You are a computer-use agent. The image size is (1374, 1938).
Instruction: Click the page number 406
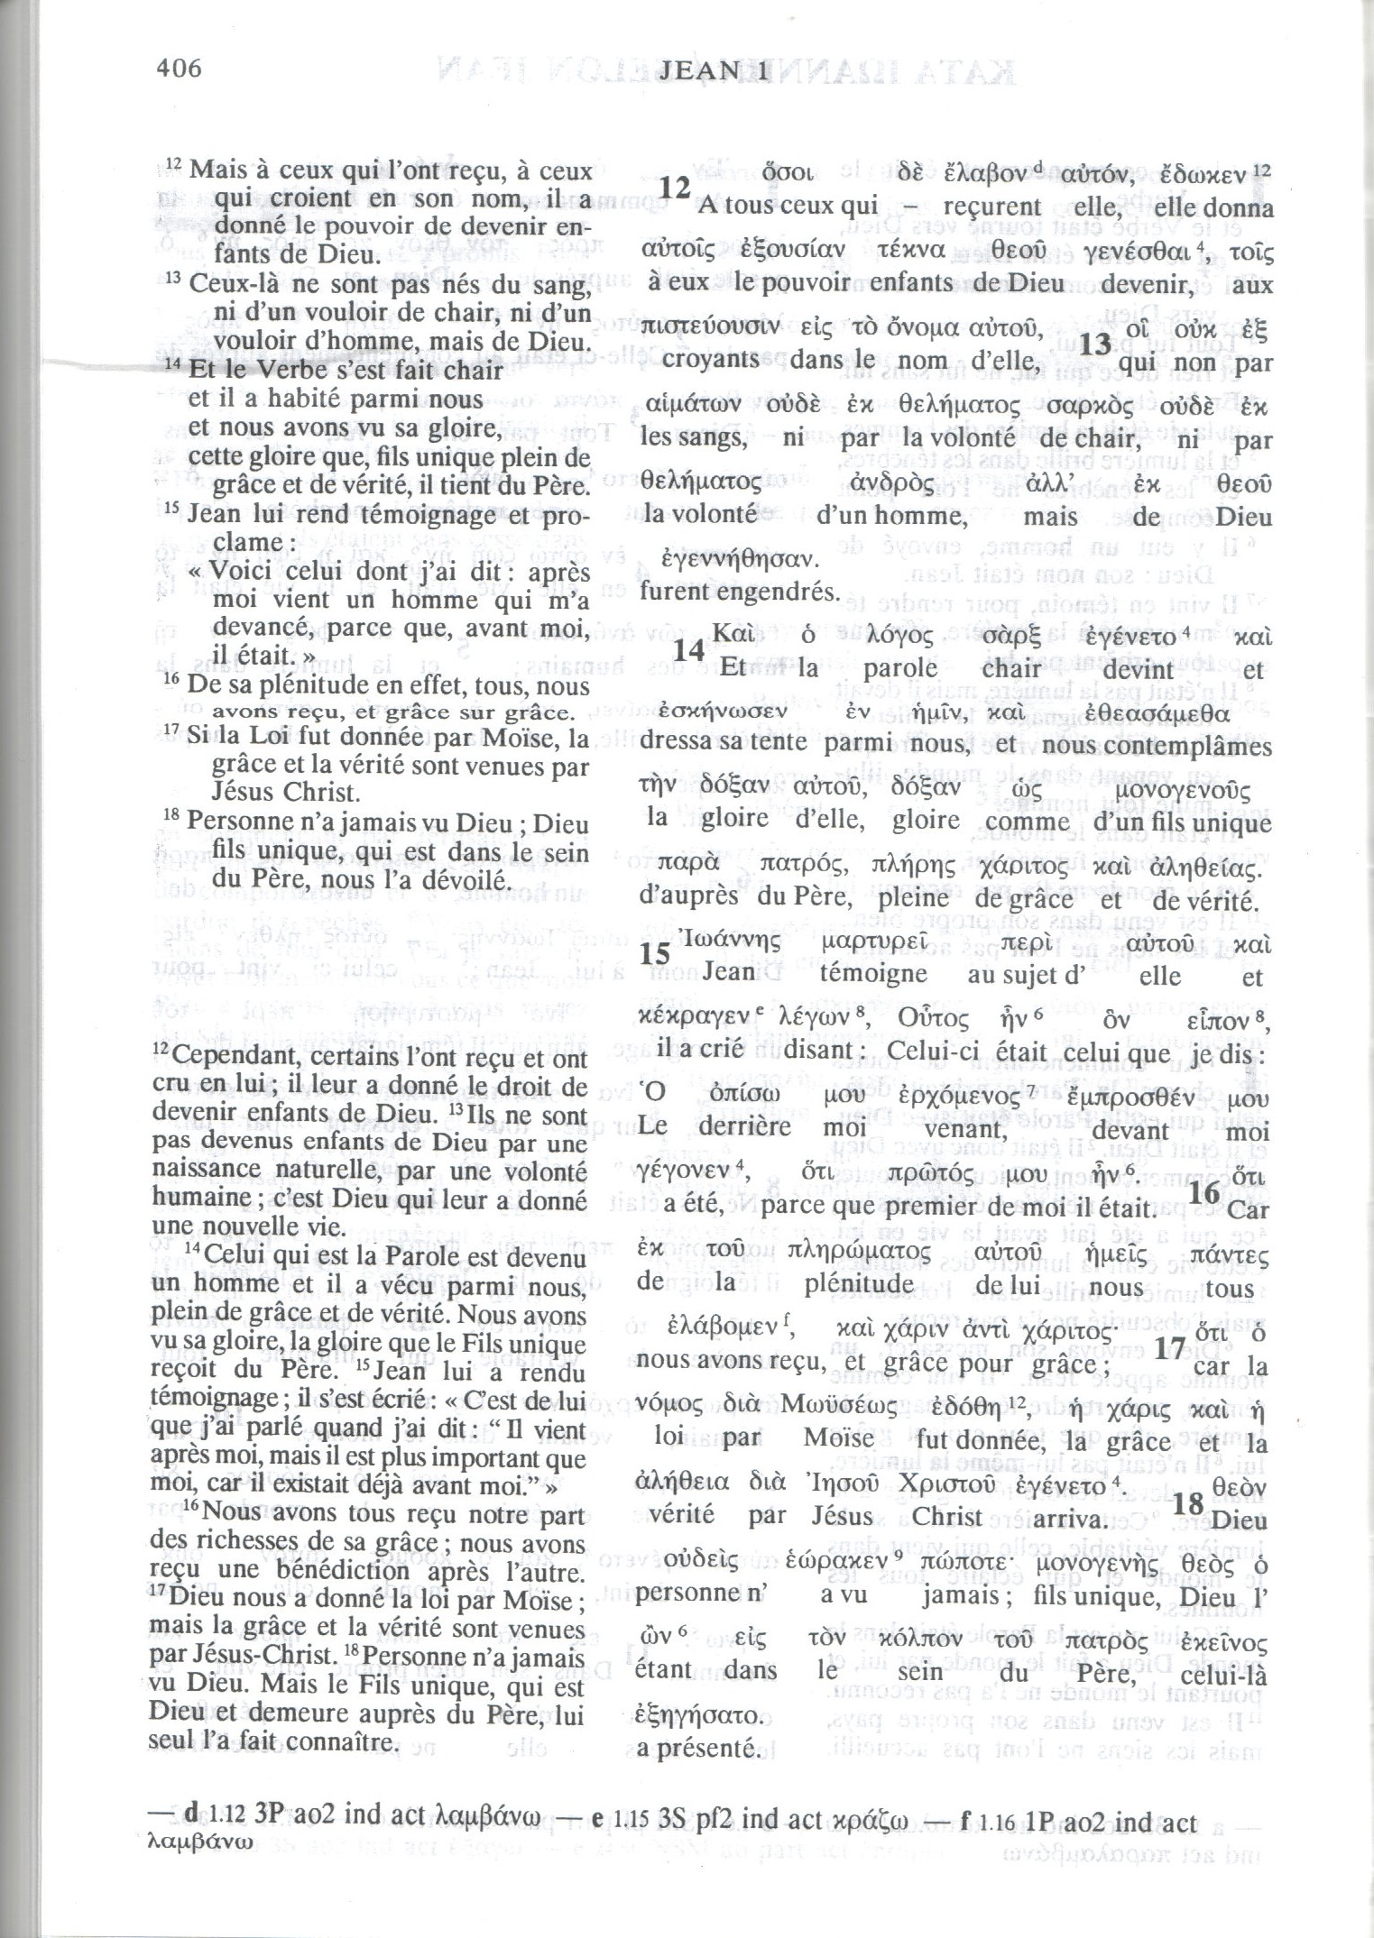[179, 69]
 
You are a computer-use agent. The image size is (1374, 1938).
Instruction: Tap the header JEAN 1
[714, 71]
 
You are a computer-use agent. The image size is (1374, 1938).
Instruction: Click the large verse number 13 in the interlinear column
[1096, 346]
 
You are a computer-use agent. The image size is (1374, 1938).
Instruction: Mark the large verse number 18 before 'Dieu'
[1189, 1503]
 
